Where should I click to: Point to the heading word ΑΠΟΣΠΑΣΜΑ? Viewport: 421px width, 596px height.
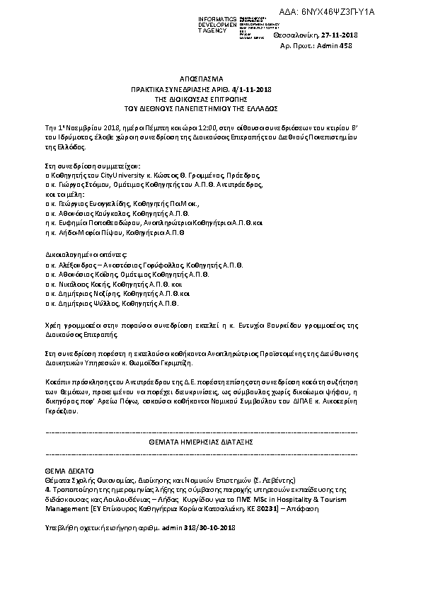point(209,80)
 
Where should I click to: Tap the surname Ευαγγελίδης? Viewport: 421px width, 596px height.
point(102,202)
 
